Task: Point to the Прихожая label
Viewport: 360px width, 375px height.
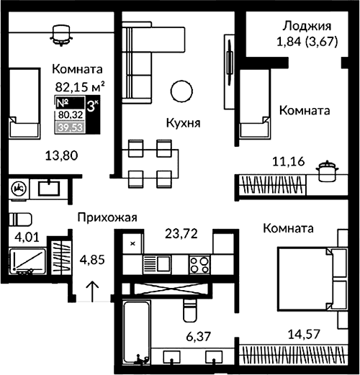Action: (107, 216)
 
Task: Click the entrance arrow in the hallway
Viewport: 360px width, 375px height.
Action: (93, 290)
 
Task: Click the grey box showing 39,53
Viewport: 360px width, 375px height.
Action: (69, 127)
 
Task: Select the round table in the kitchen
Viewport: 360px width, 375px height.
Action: (180, 91)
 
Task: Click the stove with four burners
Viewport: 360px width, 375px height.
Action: (199, 264)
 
